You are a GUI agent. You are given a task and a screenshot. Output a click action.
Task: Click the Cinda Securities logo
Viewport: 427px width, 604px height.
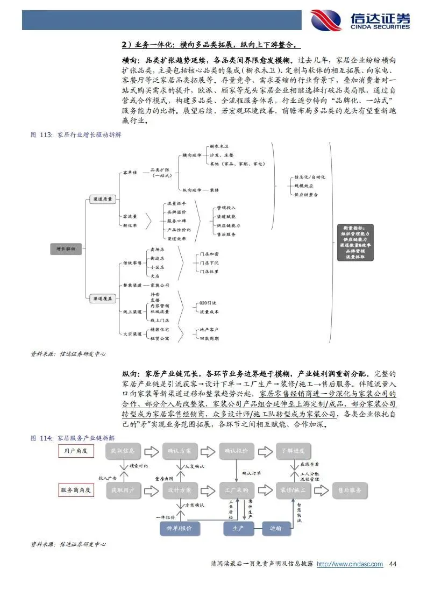pyautogui.click(x=360, y=20)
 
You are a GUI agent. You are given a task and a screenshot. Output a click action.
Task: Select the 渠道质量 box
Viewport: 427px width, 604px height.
pyautogui.click(x=102, y=199)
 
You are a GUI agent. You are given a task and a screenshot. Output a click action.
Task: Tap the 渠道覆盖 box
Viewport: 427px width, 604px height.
pyautogui.click(x=102, y=297)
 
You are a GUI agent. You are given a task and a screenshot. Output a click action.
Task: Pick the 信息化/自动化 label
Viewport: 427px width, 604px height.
pyautogui.click(x=310, y=177)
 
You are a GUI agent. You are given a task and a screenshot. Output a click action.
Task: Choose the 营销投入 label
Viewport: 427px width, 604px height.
pyautogui.click(x=226, y=208)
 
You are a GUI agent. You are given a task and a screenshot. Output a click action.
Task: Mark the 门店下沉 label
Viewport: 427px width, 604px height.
pyautogui.click(x=209, y=263)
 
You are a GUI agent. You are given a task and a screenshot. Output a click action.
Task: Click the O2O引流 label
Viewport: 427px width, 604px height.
pyautogui.click(x=207, y=303)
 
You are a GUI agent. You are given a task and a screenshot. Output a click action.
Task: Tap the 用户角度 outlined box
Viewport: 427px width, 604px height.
pyautogui.click(x=75, y=451)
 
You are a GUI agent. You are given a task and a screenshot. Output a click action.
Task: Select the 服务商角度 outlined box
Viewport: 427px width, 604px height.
pyautogui.click(x=75, y=490)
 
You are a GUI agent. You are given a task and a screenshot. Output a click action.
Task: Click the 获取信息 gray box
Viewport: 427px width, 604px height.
pyautogui.click(x=123, y=451)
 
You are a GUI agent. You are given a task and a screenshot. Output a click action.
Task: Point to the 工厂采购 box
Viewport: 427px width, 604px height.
pyautogui.click(x=237, y=490)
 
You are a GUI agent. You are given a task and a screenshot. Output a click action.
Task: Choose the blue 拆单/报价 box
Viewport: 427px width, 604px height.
pyautogui.click(x=180, y=528)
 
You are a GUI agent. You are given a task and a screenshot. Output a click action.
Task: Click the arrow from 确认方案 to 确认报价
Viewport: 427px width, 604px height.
pyautogui.click(x=209, y=451)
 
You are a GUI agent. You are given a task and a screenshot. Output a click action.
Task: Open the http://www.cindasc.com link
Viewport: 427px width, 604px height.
pyautogui.click(x=350, y=564)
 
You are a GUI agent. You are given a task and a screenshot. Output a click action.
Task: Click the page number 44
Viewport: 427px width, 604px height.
pyautogui.click(x=393, y=564)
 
